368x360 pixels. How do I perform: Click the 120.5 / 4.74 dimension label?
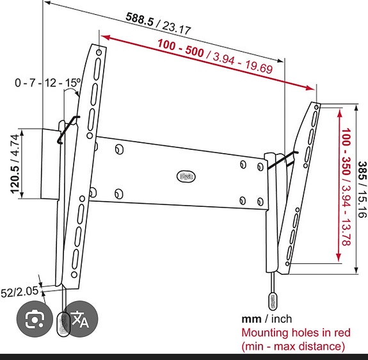click(x=14, y=165)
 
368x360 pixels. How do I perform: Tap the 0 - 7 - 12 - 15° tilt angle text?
click(x=49, y=83)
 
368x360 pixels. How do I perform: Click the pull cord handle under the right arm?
click(x=273, y=301)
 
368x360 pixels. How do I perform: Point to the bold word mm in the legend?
click(x=250, y=318)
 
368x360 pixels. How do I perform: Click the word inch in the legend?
click(x=280, y=318)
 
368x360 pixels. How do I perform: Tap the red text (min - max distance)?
click(x=292, y=347)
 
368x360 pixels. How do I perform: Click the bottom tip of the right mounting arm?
click(x=273, y=270)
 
